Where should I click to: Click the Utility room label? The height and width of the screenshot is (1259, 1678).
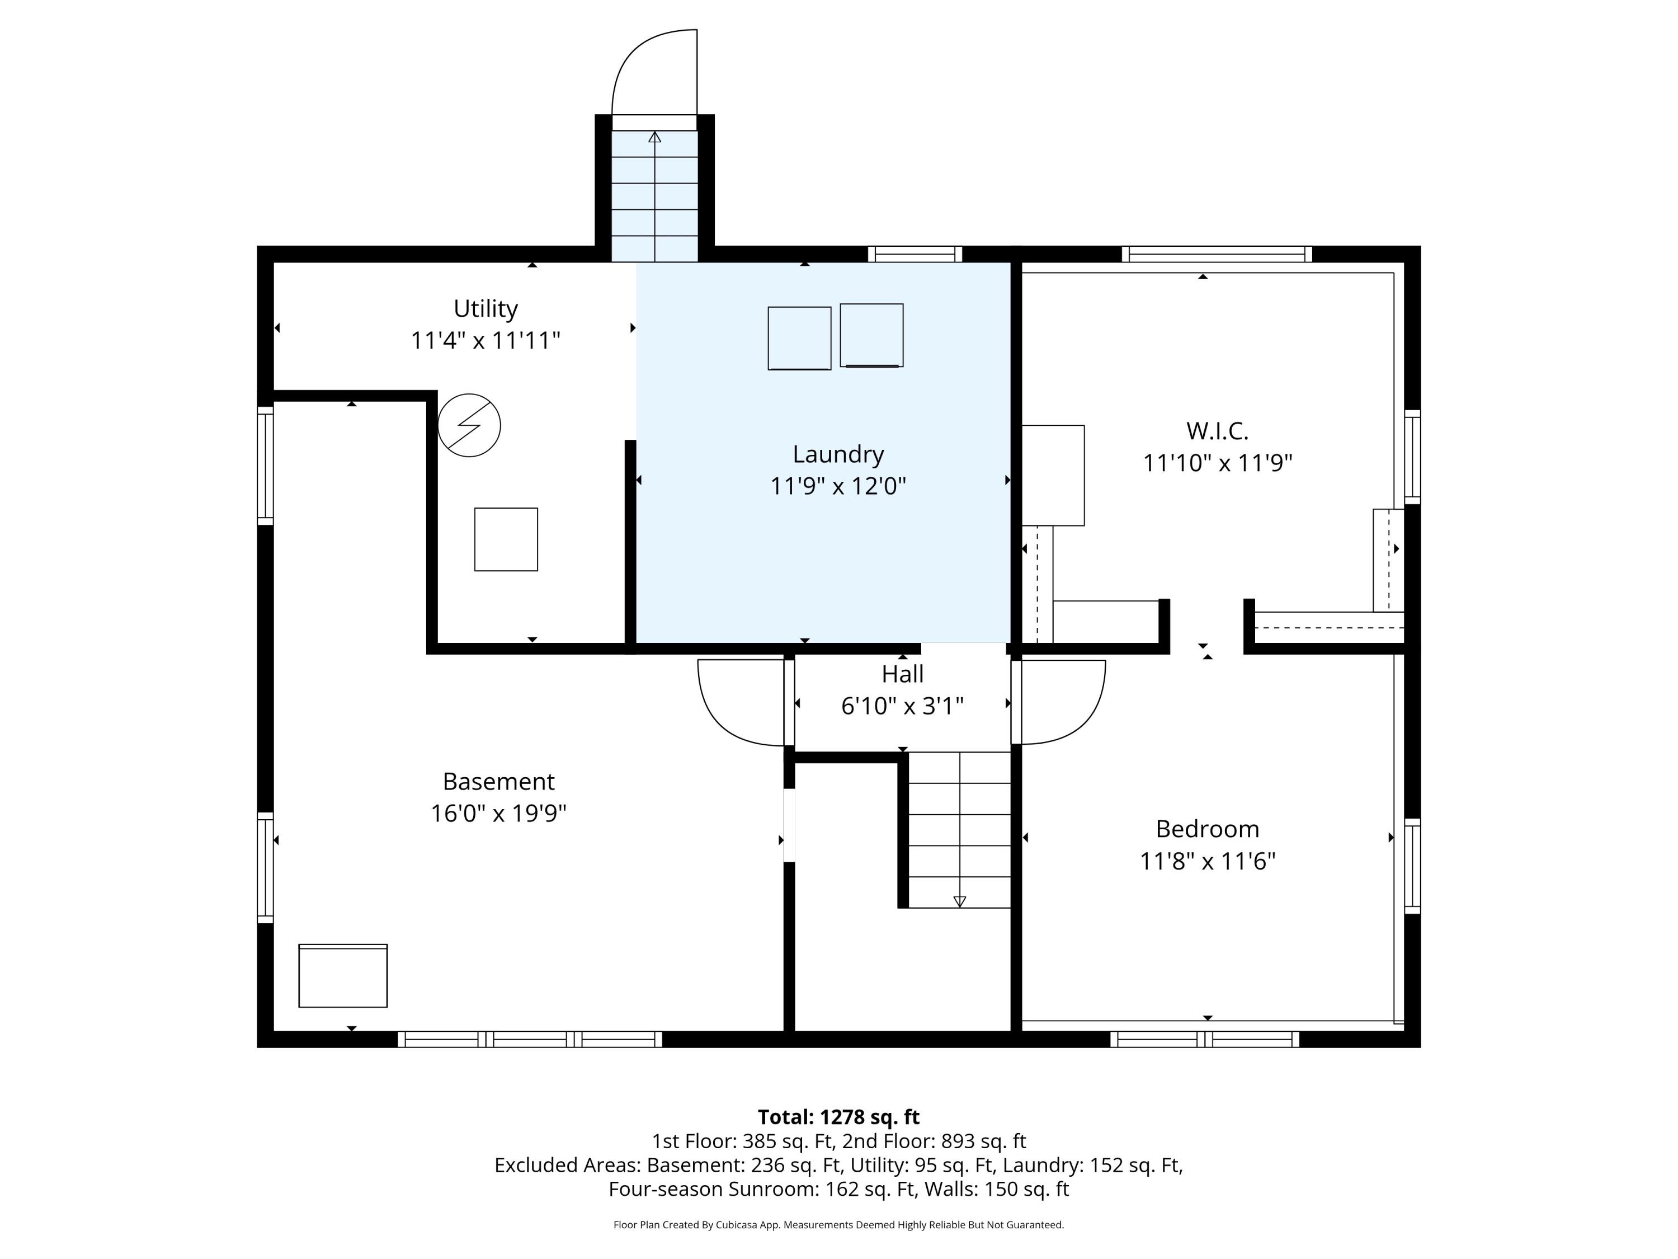coord(486,309)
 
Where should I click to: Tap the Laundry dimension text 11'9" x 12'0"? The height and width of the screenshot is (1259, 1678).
coord(838,486)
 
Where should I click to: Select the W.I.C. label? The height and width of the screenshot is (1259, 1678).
coord(1217,431)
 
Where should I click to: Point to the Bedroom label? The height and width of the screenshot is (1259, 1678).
coord(1207,829)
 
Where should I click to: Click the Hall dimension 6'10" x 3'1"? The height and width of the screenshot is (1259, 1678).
coord(902,706)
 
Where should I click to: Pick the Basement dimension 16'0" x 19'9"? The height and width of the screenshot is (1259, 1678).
coord(498,814)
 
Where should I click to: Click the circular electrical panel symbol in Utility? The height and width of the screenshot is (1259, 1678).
coord(469,425)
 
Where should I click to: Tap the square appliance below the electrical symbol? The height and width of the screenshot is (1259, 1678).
coord(506,539)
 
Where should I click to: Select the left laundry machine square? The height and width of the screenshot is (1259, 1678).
coord(799,339)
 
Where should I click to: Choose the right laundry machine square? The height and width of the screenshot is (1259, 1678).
coord(871,335)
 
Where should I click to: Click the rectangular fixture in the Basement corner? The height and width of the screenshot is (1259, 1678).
coord(343,976)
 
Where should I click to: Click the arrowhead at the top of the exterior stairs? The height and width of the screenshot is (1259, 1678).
coord(654,137)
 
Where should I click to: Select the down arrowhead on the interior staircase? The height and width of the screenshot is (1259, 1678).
coord(960,901)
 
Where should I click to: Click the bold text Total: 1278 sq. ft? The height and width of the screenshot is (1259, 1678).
coord(838,1117)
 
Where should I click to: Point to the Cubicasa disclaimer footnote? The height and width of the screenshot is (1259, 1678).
coord(838,1224)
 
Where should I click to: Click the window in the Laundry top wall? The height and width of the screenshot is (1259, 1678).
coord(915,254)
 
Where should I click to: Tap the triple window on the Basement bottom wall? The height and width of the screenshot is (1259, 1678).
coord(530,1040)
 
